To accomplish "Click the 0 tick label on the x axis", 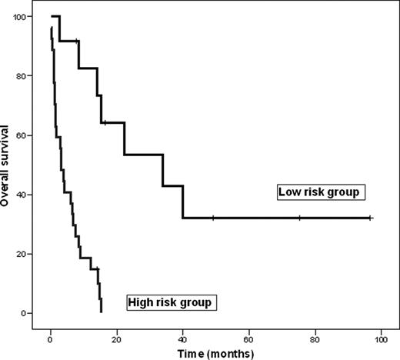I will (50, 335).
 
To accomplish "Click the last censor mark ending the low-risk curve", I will (371, 218).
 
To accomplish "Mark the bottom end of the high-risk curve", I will (101, 312).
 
